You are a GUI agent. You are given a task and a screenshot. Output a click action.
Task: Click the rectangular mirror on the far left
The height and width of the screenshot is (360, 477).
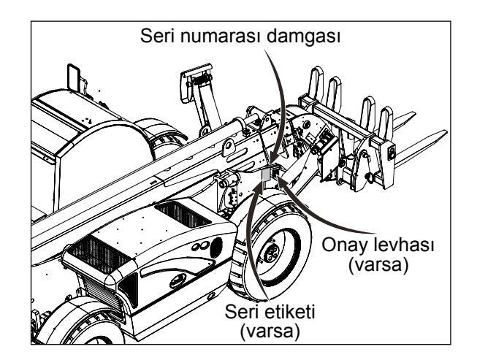pyautogui.click(x=72, y=76)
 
